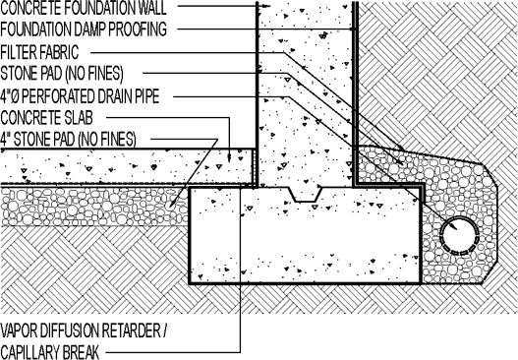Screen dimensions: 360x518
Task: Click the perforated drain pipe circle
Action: tap(460, 234)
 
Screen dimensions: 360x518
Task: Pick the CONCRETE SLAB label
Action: tap(50, 117)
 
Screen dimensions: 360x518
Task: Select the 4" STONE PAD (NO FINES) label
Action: tap(69, 139)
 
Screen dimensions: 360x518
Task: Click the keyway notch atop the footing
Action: tap(307, 194)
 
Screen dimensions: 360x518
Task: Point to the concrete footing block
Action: tap(305, 241)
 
